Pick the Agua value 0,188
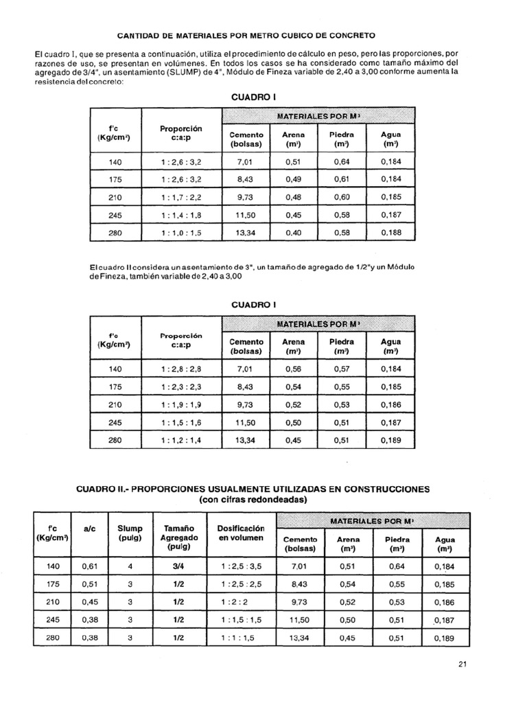pyautogui.click(x=391, y=233)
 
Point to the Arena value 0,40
pyautogui.click(x=293, y=233)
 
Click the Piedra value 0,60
pyautogui.click(x=342, y=197)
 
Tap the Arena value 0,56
pyautogui.click(x=293, y=369)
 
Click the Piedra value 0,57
pyautogui.click(x=342, y=369)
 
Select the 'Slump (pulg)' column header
pyautogui.click(x=130, y=533)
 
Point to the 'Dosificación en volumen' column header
pyautogui.click(x=240, y=533)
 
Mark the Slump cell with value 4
pyautogui.click(x=130, y=566)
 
